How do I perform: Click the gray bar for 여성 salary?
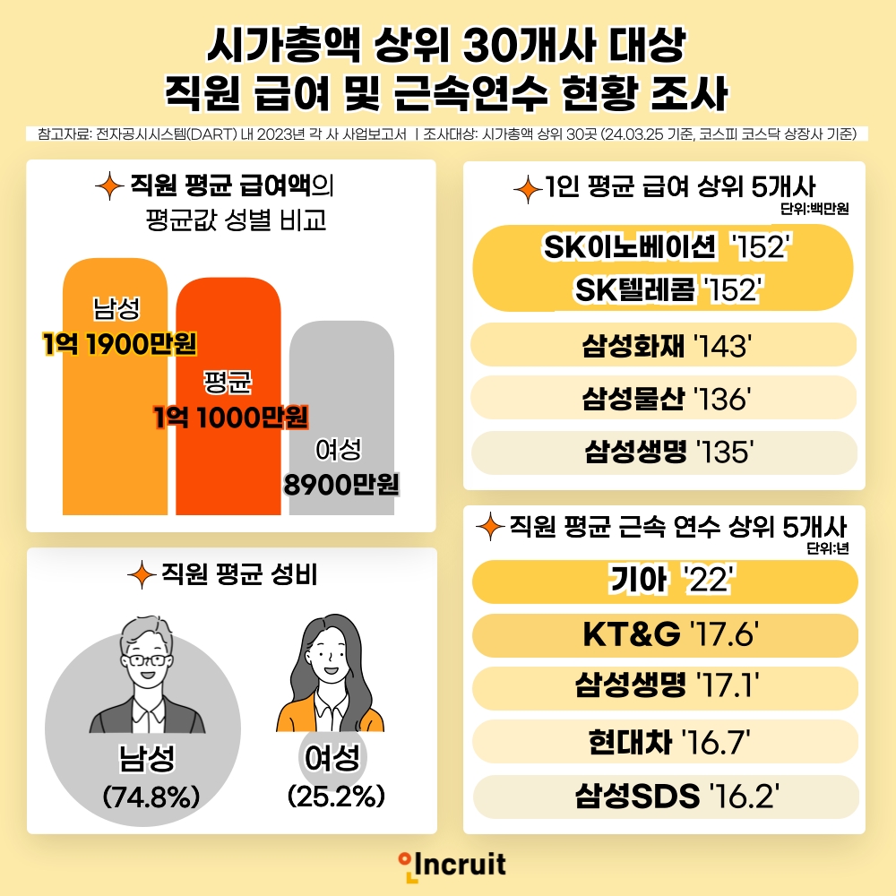click(x=341, y=385)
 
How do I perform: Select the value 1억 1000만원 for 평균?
click(x=231, y=417)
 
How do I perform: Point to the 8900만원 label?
click(x=341, y=485)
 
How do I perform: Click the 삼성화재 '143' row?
click(x=664, y=347)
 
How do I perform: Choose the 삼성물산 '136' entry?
click(x=664, y=400)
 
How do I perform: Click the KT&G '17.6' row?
click(x=664, y=636)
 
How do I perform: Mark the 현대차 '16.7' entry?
click(x=664, y=742)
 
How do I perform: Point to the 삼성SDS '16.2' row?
click(x=664, y=795)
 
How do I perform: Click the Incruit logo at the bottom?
click(x=453, y=865)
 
